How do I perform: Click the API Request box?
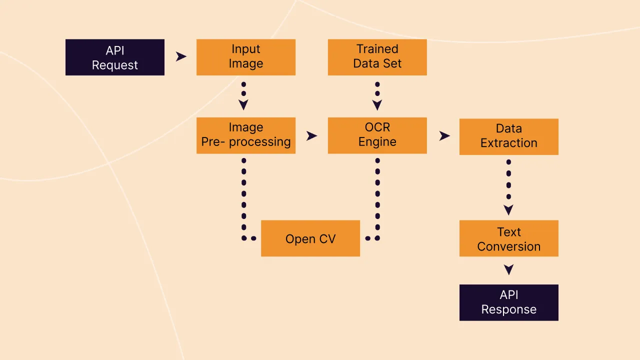click(x=114, y=57)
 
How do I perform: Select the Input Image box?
click(x=245, y=57)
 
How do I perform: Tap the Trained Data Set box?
click(x=377, y=57)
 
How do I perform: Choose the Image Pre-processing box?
click(x=245, y=135)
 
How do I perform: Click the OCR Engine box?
click(x=377, y=135)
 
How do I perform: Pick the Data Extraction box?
click(x=508, y=136)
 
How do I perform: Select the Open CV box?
click(x=310, y=238)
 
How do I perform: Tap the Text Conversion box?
click(x=508, y=238)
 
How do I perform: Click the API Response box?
click(x=508, y=302)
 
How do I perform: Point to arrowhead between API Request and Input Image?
click(x=181, y=57)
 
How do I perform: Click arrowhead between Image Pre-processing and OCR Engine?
click(x=312, y=135)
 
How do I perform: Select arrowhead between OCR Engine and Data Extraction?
click(x=444, y=135)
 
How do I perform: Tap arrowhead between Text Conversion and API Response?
click(x=508, y=270)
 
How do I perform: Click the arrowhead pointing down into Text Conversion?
click(x=508, y=210)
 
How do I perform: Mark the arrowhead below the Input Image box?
click(x=243, y=105)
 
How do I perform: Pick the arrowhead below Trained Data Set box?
click(x=377, y=105)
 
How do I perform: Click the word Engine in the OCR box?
click(x=377, y=142)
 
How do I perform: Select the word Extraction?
click(x=508, y=143)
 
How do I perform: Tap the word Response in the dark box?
click(x=508, y=309)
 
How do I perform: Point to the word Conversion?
click(x=508, y=246)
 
